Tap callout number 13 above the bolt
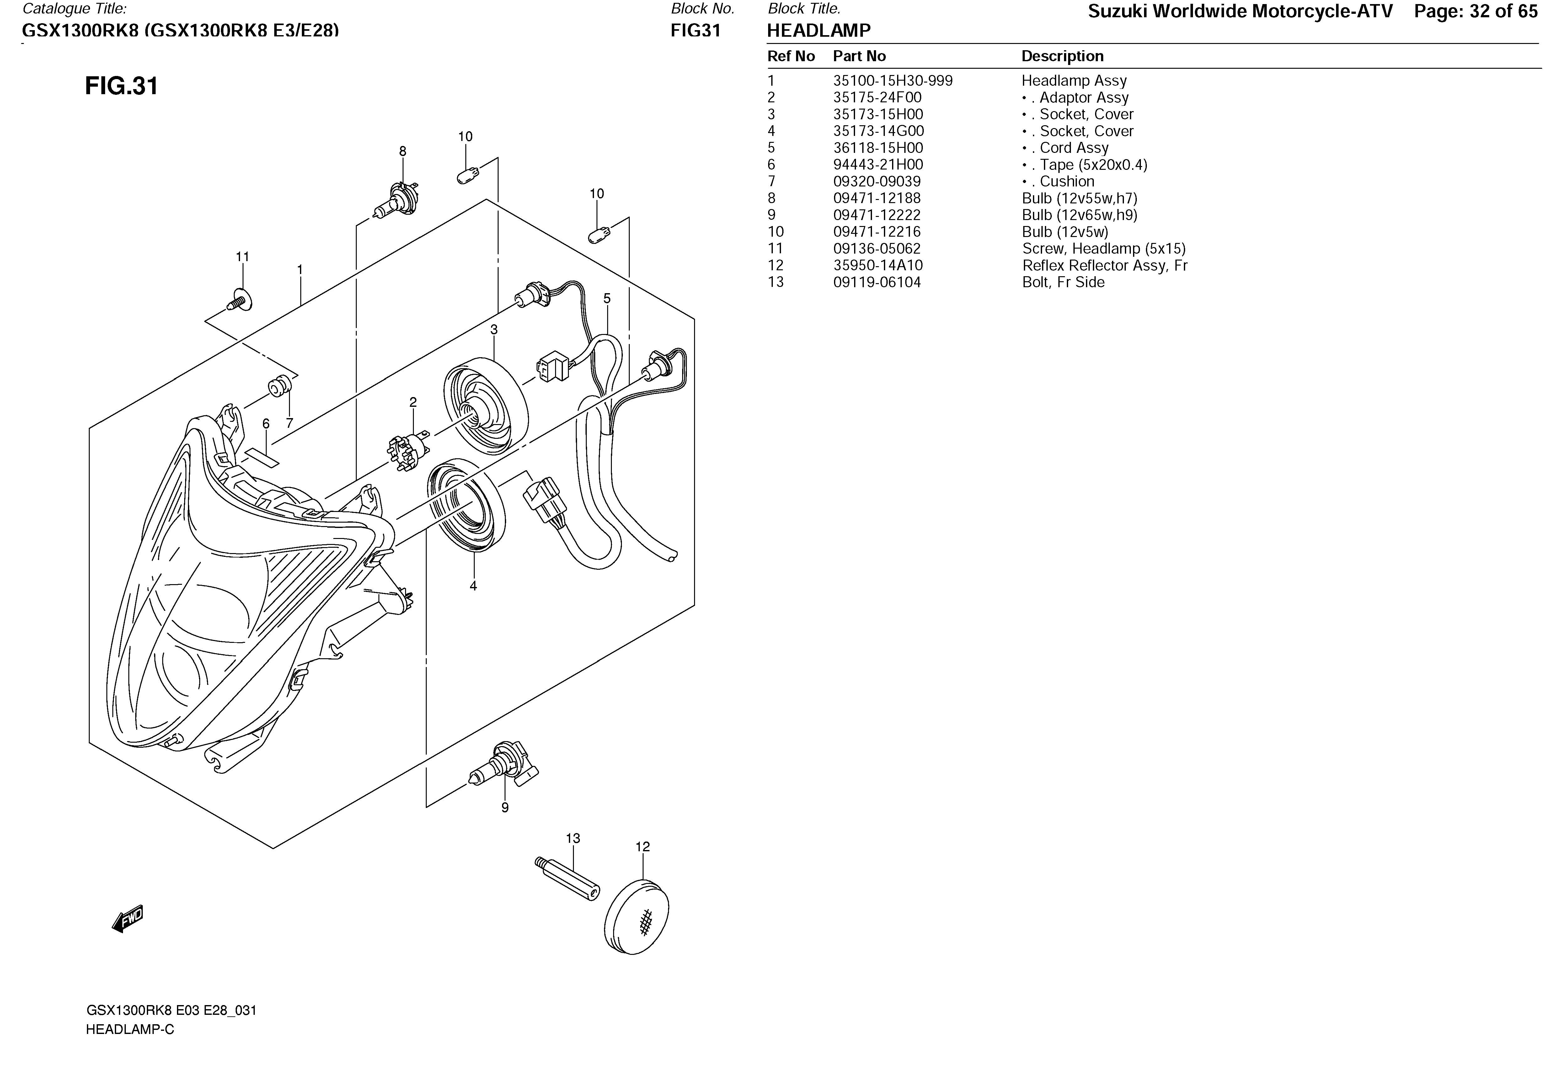click(572, 838)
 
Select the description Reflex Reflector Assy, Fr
click(1104, 266)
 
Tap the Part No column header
click(859, 57)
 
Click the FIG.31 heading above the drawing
click(121, 86)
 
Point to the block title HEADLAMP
click(819, 30)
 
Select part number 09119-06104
click(877, 283)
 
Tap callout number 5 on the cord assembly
click(607, 298)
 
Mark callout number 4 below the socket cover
click(473, 586)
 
